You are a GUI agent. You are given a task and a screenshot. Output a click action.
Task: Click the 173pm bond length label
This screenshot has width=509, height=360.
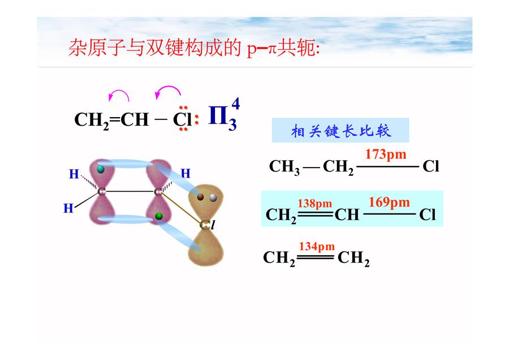(386, 155)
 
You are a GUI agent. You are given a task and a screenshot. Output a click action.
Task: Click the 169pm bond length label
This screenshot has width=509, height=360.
(389, 203)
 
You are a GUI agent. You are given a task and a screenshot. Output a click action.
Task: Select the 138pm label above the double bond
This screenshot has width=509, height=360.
(315, 204)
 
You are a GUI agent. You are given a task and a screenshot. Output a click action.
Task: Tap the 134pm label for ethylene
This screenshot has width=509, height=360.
(317, 247)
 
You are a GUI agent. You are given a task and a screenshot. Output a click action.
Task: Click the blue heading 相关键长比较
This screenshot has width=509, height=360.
(341, 131)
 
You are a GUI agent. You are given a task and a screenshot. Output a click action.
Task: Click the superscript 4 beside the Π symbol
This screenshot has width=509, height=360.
(235, 104)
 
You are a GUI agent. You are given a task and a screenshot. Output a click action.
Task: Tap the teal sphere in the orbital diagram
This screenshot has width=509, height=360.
(101, 169)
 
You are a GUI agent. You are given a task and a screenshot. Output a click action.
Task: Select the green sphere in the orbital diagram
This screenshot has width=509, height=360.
(159, 216)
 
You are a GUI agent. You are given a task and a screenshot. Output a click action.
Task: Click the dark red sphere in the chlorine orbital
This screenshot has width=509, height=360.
(200, 197)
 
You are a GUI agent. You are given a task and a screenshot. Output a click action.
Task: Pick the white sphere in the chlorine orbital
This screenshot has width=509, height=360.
(213, 197)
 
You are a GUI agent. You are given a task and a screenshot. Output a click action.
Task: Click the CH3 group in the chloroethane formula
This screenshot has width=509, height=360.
(284, 166)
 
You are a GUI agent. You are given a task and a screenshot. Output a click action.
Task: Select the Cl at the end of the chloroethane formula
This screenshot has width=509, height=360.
(431, 166)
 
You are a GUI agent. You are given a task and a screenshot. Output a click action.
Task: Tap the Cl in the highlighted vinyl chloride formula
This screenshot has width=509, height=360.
(427, 215)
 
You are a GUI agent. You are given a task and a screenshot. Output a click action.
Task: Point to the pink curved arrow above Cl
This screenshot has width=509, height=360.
(167, 92)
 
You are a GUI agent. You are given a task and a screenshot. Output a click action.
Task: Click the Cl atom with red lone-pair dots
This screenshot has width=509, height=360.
(183, 119)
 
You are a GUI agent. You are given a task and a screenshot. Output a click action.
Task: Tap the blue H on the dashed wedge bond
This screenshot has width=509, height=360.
(74, 174)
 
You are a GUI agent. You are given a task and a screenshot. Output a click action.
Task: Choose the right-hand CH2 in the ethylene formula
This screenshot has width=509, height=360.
(353, 258)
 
